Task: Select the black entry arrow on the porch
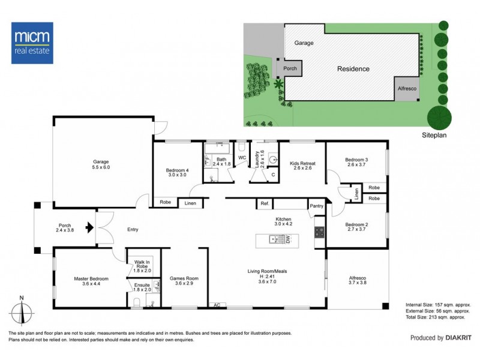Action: pos(89,227)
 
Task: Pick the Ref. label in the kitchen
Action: pos(264,203)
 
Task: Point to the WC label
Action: pos(242,158)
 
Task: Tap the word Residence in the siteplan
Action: pos(353,69)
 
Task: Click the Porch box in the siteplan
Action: pos(290,68)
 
